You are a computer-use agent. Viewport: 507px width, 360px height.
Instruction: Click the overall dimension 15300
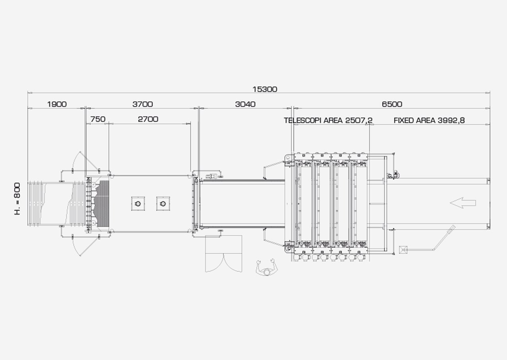(x=265, y=89)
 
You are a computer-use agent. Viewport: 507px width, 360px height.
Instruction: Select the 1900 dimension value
(x=57, y=104)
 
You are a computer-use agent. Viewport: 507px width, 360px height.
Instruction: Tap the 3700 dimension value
(x=143, y=104)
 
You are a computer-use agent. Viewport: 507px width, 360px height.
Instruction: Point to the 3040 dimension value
(x=245, y=104)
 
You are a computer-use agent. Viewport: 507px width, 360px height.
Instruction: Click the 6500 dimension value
(x=392, y=104)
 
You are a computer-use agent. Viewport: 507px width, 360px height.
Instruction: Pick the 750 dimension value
(x=98, y=119)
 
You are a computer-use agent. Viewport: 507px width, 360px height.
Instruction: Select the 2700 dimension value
(x=148, y=119)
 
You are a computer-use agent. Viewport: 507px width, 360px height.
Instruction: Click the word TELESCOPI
(x=303, y=121)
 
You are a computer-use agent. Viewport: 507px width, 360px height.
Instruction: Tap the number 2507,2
(x=359, y=121)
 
